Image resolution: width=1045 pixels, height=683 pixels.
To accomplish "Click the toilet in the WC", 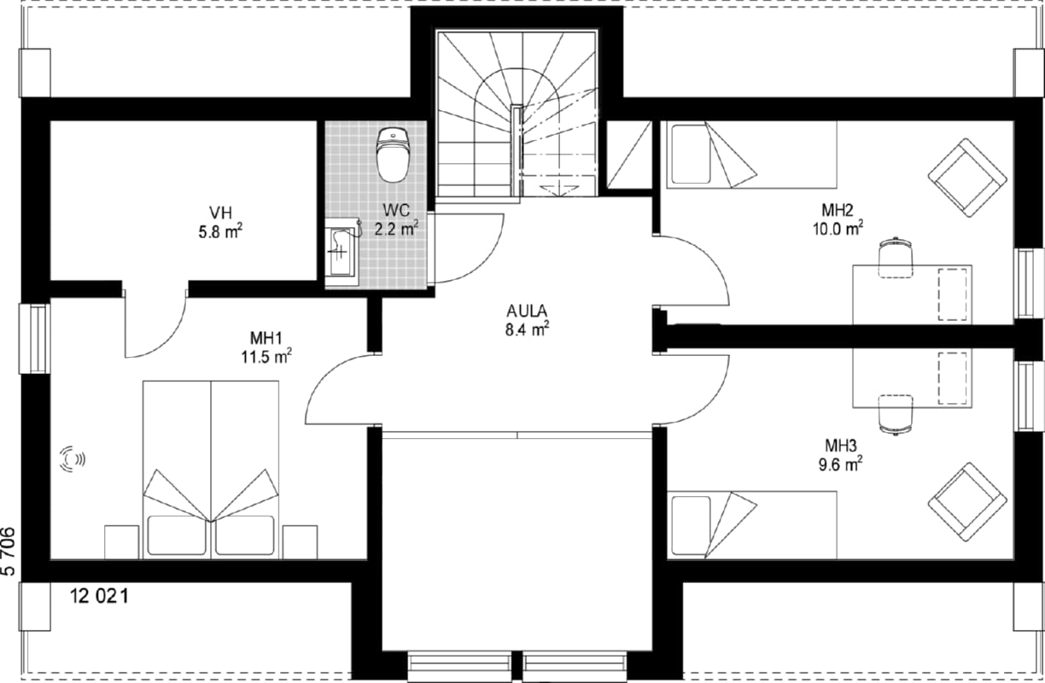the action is pyautogui.click(x=393, y=155).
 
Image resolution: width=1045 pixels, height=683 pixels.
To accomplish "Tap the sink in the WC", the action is pyautogui.click(x=342, y=252).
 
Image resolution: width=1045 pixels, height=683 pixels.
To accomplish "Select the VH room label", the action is pyautogui.click(x=220, y=213).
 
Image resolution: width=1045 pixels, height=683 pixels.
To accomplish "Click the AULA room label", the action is pyautogui.click(x=527, y=311).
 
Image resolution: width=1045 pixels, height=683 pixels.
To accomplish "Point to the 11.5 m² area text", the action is pyautogui.click(x=266, y=357).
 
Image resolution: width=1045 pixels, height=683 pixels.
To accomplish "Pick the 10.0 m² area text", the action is pyautogui.click(x=838, y=229).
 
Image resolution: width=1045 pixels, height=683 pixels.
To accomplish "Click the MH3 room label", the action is pyautogui.click(x=841, y=446).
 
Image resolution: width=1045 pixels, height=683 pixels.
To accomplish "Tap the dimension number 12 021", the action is pyautogui.click(x=99, y=596).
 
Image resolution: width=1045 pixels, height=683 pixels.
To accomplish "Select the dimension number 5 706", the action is pyautogui.click(x=9, y=552).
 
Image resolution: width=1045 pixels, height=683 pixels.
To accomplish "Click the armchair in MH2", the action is pyautogui.click(x=967, y=178).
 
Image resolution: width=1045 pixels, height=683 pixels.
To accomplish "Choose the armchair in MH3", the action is pyautogui.click(x=967, y=502).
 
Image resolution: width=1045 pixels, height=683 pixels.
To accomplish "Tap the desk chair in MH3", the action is pyautogui.click(x=896, y=415).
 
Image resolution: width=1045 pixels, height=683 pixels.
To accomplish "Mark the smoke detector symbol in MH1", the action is pyautogui.click(x=73, y=459).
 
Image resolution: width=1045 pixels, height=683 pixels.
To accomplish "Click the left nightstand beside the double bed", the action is pyautogui.click(x=122, y=542).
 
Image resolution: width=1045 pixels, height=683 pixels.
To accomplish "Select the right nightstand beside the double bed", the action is pyautogui.click(x=300, y=542).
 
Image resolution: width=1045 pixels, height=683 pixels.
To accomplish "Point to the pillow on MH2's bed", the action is pyautogui.click(x=691, y=154).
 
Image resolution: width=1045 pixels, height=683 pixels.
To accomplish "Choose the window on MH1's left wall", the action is pyautogui.click(x=34, y=339).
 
